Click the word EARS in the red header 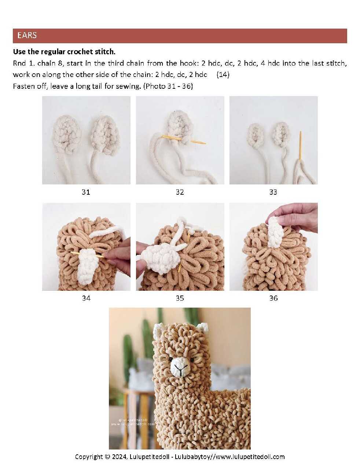27,36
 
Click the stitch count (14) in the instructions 223,75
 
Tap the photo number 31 86,192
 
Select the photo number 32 180,192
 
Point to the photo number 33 273,192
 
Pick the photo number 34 86,298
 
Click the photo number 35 180,298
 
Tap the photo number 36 273,298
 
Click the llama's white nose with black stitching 180,367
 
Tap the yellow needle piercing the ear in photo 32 183,139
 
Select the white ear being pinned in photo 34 86,267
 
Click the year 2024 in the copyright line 119,457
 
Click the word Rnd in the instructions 19,63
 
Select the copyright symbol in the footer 108,457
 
